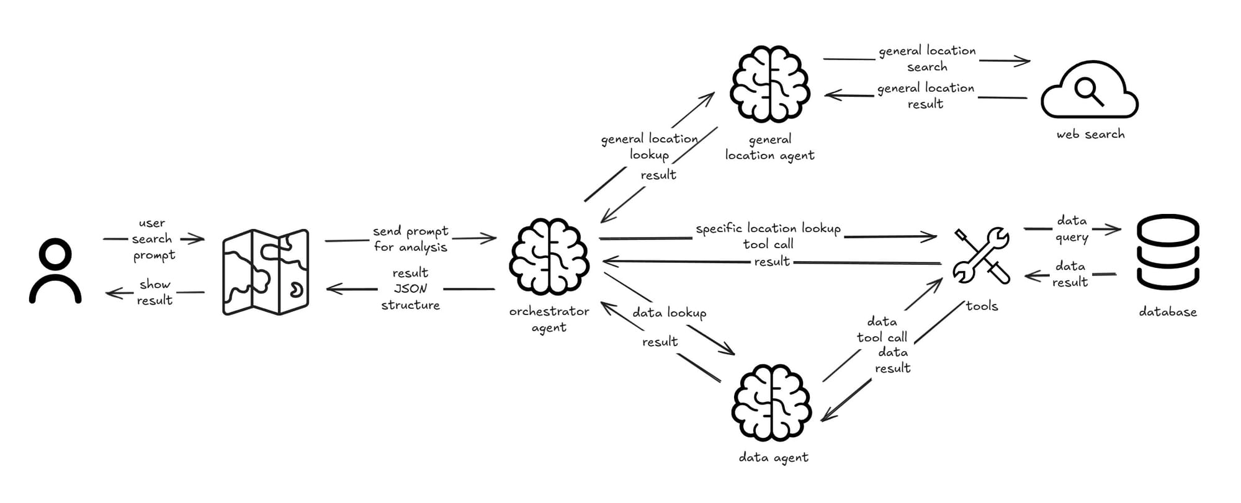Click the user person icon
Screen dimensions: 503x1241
click(55, 271)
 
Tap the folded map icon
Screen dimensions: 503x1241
click(266, 272)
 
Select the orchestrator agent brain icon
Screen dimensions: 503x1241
click(549, 256)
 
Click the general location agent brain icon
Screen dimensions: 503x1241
click(770, 84)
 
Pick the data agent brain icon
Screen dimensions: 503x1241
click(771, 403)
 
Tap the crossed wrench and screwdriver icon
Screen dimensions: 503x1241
click(981, 256)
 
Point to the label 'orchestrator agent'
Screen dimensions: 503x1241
click(549, 319)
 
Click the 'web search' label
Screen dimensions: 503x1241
click(1090, 134)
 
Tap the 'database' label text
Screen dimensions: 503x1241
click(1167, 312)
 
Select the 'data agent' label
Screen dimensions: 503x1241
click(773, 458)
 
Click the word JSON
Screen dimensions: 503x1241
click(410, 288)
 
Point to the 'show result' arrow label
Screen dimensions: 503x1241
click(155, 292)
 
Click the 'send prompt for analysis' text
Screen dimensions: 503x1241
click(410, 239)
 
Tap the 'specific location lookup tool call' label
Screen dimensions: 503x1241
click(768, 236)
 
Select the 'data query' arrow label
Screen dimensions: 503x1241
click(1072, 229)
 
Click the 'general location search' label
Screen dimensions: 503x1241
click(927, 59)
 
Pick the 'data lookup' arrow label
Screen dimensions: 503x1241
click(669, 313)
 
